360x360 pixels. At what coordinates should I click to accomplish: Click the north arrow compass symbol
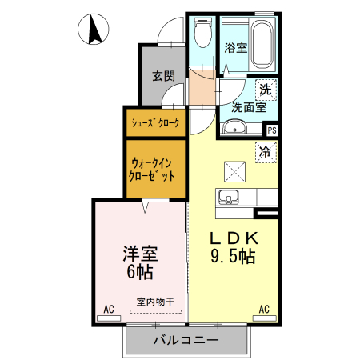point(94,30)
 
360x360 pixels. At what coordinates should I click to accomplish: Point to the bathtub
point(263,44)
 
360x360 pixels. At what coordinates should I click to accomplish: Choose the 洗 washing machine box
point(265,89)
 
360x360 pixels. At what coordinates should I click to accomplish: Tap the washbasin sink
point(235,126)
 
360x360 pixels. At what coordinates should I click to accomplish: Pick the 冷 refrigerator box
point(266,150)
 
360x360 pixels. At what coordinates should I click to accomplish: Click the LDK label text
point(233,238)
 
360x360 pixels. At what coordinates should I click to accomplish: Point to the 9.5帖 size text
point(233,257)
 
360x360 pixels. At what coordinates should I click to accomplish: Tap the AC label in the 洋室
point(107,308)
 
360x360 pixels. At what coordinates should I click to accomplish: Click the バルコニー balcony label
point(186,340)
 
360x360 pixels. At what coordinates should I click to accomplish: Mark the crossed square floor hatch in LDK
point(235,170)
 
